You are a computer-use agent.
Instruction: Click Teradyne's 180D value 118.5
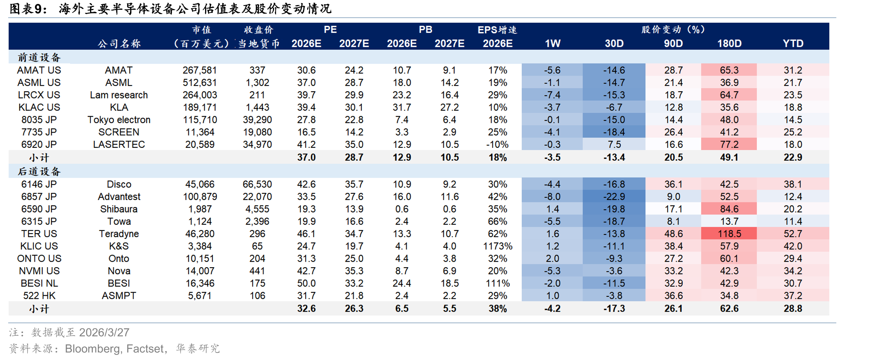[x=729, y=234]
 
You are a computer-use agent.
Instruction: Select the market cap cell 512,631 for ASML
[x=200, y=83]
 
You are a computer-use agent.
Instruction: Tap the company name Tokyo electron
[x=119, y=120]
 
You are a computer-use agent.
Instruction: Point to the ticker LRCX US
[x=39, y=95]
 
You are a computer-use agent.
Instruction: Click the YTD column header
[x=793, y=43]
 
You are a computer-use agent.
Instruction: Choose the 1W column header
[x=552, y=43]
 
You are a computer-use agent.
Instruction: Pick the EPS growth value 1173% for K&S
[x=498, y=246]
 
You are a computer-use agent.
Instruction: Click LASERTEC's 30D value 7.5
[x=614, y=144]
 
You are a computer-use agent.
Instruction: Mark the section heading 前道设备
[x=39, y=58]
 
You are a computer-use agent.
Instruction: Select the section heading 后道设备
[x=39, y=172]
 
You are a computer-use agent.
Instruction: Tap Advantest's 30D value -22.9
[x=614, y=197]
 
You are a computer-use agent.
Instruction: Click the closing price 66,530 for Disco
[x=257, y=184]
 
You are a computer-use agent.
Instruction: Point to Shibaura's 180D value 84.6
[x=729, y=209]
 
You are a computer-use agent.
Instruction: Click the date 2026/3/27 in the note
[x=104, y=332]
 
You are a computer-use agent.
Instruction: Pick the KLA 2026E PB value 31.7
[x=402, y=107]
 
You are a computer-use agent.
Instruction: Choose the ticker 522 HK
[x=39, y=296]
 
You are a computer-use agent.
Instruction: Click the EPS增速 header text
[x=497, y=30]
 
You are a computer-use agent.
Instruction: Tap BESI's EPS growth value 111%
[x=498, y=283]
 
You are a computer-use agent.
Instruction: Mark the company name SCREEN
[x=119, y=132]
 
